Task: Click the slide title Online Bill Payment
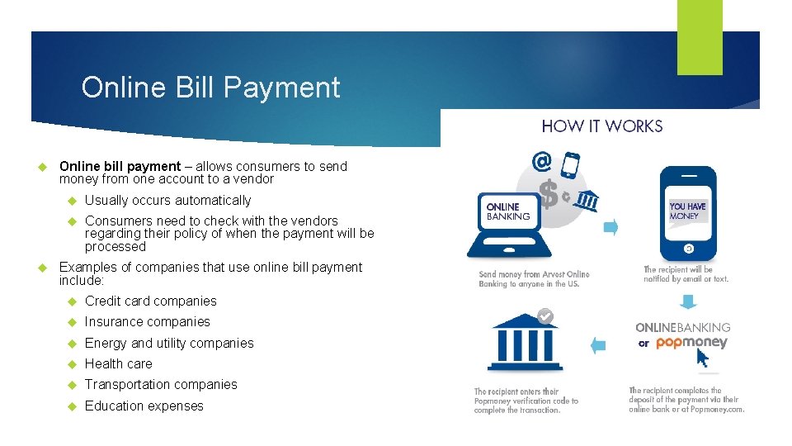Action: [x=210, y=88]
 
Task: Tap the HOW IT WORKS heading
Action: [x=601, y=126]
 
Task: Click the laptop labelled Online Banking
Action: [x=504, y=219]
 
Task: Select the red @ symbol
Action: [x=541, y=159]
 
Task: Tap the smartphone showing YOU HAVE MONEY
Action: [x=688, y=214]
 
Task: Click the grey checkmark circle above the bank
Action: [x=544, y=315]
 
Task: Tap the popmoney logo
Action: [x=691, y=343]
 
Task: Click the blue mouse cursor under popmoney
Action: [x=702, y=358]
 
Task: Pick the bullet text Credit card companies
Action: [x=150, y=301]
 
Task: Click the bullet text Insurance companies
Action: [x=147, y=322]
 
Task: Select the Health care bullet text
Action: [x=118, y=364]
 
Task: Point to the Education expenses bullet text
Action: [x=144, y=406]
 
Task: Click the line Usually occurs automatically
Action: [x=167, y=201]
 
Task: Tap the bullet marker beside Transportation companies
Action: [x=71, y=385]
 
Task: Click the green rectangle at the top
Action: [x=700, y=37]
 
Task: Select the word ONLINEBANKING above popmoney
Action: [x=682, y=328]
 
